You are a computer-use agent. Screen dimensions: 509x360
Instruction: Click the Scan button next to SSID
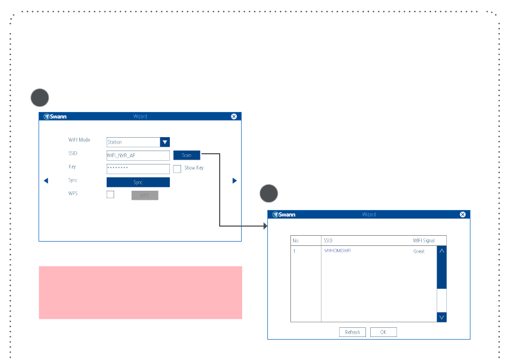(x=186, y=155)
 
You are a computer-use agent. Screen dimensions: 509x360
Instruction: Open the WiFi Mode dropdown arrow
(x=165, y=142)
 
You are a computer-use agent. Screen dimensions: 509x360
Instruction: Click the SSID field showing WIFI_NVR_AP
(x=138, y=155)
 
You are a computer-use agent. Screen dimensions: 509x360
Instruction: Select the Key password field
(x=138, y=169)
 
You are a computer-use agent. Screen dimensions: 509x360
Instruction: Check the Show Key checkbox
(x=177, y=169)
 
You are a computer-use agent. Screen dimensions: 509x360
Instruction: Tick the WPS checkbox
(x=110, y=194)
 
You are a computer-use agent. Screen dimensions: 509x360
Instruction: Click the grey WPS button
(x=145, y=196)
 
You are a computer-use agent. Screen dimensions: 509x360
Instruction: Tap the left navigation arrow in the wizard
(x=46, y=181)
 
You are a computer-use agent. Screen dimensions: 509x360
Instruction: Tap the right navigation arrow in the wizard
(x=234, y=181)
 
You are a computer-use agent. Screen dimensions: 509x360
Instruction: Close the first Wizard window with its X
(x=234, y=116)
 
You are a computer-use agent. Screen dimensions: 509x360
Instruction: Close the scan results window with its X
(x=463, y=214)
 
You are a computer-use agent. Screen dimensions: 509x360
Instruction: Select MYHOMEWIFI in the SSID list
(x=341, y=251)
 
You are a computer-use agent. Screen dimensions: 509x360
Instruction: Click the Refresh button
(x=353, y=332)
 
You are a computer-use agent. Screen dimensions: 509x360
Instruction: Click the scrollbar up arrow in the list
(x=441, y=250)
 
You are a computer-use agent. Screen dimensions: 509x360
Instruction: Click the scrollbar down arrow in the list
(x=441, y=317)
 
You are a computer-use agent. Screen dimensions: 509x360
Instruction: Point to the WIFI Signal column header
(x=423, y=241)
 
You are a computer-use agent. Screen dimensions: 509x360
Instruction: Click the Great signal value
(x=419, y=251)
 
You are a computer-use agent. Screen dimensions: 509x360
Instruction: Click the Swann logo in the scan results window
(x=284, y=214)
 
